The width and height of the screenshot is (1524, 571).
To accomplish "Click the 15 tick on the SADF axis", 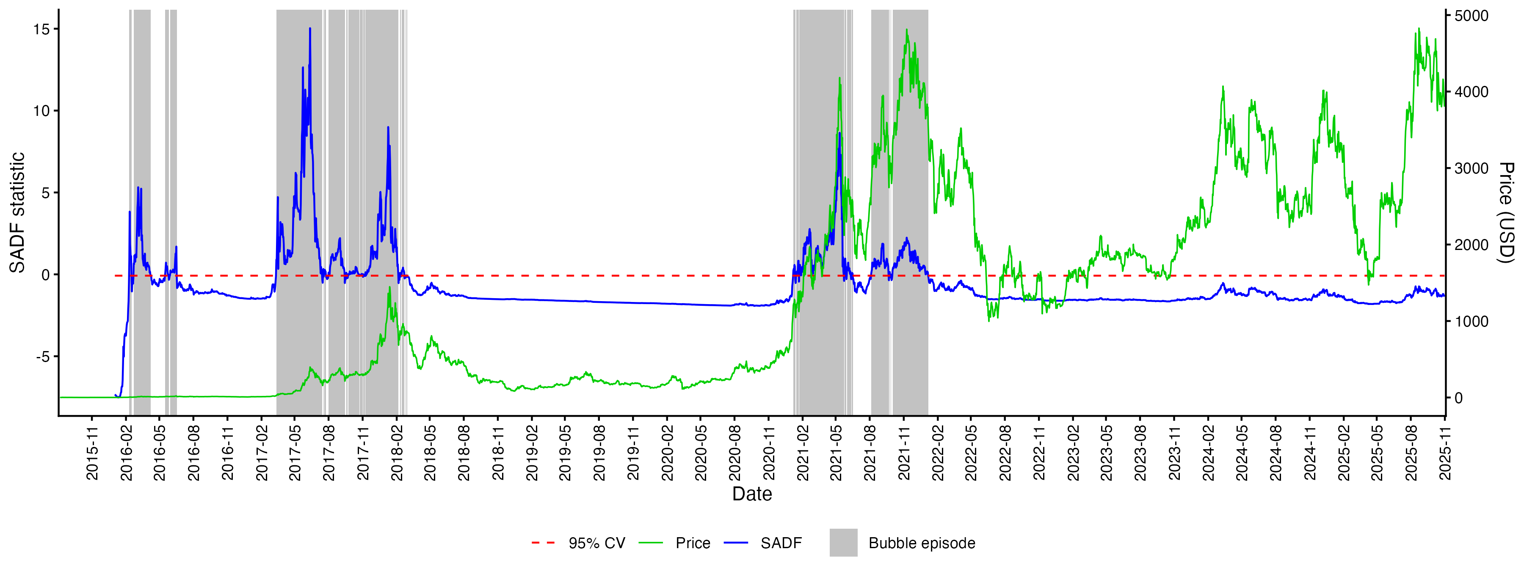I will [41, 29].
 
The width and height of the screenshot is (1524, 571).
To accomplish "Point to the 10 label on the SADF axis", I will [41, 111].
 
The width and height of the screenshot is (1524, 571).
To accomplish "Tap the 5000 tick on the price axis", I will [1472, 16].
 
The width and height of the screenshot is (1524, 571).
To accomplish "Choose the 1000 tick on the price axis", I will [1472, 321].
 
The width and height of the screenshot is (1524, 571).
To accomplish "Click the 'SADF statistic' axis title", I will [17, 213].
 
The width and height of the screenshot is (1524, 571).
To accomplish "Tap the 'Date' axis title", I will [752, 494].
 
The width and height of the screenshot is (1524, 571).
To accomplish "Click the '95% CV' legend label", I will [596, 543].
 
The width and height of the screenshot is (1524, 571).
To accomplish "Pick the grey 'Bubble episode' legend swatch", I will [843, 543].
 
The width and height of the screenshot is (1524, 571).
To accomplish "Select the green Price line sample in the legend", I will [651, 543].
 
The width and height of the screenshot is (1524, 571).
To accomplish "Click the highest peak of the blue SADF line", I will [309, 28].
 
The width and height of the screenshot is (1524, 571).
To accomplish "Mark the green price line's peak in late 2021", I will [906, 30].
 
